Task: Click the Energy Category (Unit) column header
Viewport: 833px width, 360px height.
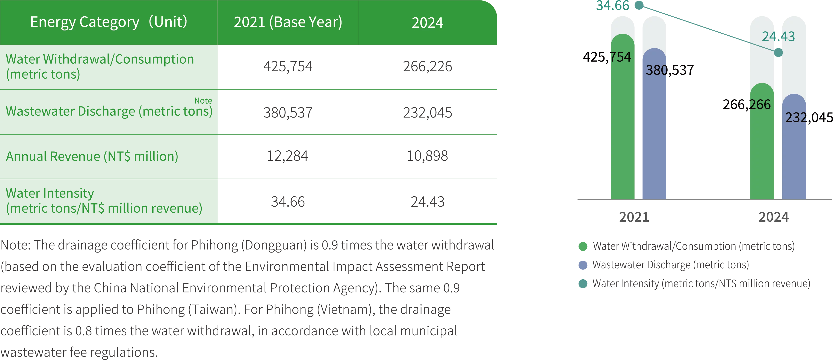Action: (109, 22)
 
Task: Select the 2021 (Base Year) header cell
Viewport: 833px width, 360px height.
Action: (288, 22)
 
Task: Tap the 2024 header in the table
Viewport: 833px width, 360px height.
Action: (427, 23)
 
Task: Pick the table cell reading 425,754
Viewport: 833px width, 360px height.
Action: (287, 67)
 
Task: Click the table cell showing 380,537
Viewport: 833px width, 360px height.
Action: (287, 113)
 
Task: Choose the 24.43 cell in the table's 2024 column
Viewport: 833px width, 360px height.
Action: (427, 202)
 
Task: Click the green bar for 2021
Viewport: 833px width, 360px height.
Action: (622, 123)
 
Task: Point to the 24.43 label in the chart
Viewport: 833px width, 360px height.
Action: (778, 36)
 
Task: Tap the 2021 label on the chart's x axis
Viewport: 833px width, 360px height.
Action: (634, 217)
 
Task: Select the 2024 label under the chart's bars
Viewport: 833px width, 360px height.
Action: (774, 217)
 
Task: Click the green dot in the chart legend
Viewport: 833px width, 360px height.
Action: (583, 246)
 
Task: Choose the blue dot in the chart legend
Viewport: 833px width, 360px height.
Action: (583, 265)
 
